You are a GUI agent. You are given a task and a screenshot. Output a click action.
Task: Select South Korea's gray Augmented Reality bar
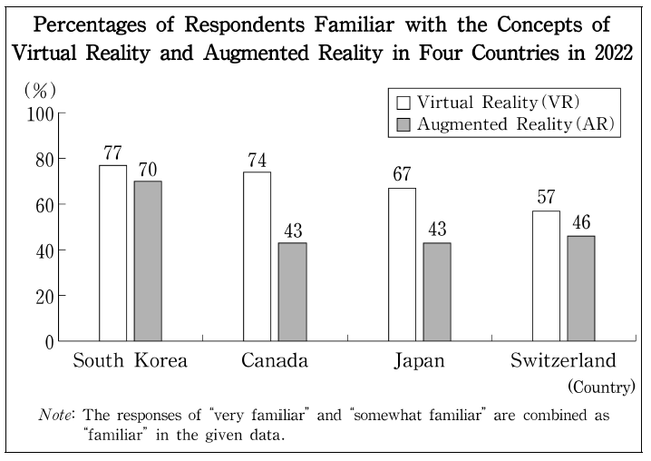[x=147, y=260]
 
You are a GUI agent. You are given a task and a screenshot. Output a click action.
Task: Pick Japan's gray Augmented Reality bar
[x=437, y=291]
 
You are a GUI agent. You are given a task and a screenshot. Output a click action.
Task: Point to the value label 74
[x=257, y=160]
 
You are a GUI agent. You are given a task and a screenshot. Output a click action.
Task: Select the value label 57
[x=546, y=198]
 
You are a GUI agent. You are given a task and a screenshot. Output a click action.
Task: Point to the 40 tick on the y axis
[x=44, y=250]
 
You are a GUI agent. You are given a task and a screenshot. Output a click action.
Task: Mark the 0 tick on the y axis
[x=50, y=341]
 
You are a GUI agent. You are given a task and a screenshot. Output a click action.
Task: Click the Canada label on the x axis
[x=275, y=361]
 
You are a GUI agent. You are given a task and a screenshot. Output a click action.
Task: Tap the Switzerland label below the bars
[x=563, y=361]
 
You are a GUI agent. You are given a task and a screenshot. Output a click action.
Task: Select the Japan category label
[x=420, y=361]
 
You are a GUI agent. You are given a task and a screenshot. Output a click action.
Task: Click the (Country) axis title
[x=601, y=387]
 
